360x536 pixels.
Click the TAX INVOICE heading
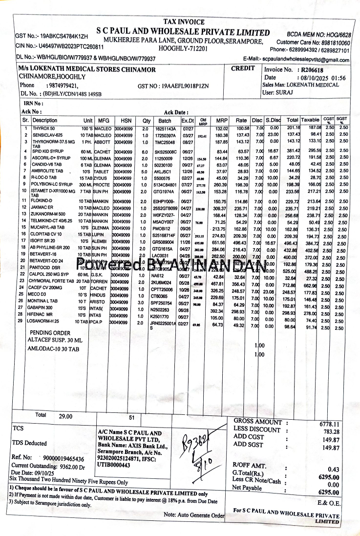[x=184, y=22]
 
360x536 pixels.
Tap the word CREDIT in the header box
[x=243, y=68]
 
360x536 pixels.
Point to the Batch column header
[x=165, y=120]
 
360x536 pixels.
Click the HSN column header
[x=126, y=120]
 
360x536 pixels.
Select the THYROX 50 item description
[x=43, y=128]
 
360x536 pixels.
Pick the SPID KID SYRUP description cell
[x=49, y=151]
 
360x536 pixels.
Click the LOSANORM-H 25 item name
[x=49, y=322]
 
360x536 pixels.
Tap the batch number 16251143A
[x=166, y=128]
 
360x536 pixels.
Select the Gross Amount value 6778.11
[x=329, y=424]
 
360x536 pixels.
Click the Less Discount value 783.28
[x=331, y=431]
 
